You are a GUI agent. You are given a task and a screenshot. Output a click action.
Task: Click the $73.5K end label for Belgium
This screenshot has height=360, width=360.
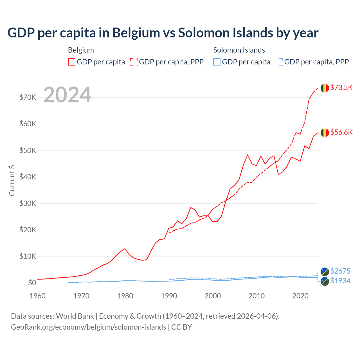point(341,87)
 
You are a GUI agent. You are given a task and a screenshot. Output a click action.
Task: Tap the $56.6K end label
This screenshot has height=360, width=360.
point(341,132)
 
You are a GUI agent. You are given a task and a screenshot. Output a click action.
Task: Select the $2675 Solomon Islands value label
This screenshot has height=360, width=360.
point(340,271)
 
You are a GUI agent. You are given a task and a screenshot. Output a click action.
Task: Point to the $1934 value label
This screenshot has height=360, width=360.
point(340,281)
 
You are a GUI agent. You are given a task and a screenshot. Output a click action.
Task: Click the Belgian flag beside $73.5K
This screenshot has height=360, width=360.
point(325,88)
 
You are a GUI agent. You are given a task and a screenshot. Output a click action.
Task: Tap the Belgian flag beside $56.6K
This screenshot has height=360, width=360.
point(325,133)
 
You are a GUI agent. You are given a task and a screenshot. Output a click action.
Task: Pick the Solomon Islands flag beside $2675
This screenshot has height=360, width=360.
point(325,272)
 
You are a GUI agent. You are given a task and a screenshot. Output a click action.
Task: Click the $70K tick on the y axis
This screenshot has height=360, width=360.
point(28,98)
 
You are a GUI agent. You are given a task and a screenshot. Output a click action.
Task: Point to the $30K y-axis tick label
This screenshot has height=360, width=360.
point(28,203)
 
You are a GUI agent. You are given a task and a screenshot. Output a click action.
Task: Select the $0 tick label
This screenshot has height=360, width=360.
point(32,283)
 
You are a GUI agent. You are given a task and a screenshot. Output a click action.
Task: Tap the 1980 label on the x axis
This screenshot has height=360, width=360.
point(125,296)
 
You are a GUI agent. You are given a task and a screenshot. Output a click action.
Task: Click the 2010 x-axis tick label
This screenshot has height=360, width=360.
point(256,296)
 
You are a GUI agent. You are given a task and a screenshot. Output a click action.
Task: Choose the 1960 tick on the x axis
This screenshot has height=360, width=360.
point(37,296)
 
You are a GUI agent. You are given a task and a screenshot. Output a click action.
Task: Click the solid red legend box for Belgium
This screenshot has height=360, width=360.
point(72,62)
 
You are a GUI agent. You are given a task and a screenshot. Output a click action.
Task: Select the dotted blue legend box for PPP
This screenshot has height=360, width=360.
point(279,62)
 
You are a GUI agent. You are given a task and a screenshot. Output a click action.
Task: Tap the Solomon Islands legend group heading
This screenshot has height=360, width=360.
point(239,50)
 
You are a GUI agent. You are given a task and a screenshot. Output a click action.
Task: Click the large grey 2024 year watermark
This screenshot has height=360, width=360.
point(67,95)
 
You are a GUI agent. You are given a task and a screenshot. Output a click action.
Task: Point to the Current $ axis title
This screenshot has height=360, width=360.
point(12,180)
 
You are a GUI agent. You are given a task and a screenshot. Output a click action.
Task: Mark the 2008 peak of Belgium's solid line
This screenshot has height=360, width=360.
point(247,155)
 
